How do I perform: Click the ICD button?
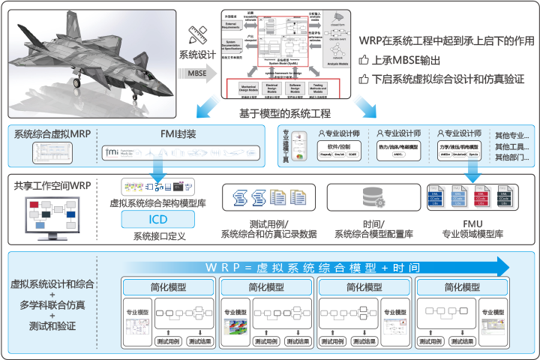(x=158, y=220)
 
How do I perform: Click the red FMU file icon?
(x=487, y=198)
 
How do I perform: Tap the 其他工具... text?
(x=511, y=147)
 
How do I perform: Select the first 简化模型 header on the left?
(x=166, y=288)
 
